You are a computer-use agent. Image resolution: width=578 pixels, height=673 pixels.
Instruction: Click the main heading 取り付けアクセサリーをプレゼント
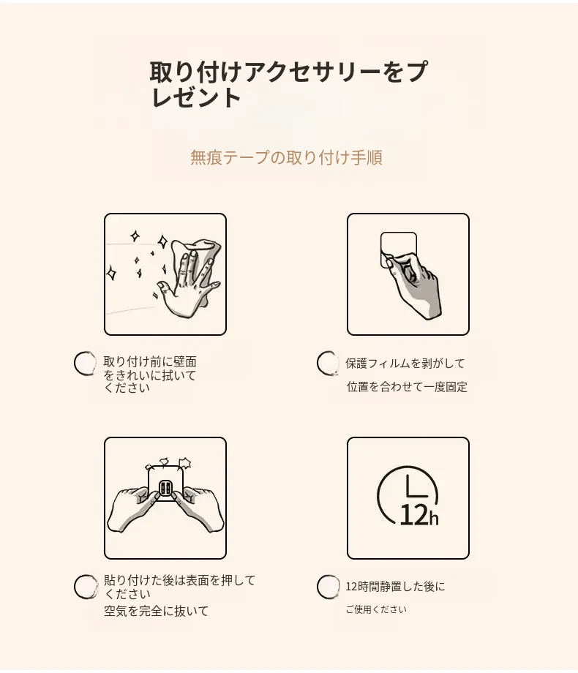[x=288, y=84]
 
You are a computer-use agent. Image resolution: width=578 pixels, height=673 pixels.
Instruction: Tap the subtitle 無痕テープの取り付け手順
[x=286, y=157]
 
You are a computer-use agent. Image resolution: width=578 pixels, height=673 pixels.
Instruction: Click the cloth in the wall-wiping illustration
[x=202, y=262]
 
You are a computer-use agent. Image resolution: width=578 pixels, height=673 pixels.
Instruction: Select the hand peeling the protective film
[x=414, y=283]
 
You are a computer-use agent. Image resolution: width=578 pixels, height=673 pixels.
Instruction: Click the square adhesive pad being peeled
[x=399, y=249]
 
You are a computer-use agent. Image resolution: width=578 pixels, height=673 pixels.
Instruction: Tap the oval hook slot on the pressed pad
[x=166, y=489]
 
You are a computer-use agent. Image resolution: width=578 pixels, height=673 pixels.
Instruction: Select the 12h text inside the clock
[x=419, y=515]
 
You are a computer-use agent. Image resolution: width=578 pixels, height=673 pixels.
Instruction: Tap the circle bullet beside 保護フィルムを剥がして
[x=328, y=363]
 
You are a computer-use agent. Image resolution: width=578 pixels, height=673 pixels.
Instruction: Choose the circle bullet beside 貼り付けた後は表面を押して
[x=86, y=587]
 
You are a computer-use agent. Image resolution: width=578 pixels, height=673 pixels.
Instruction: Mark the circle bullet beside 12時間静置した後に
[x=328, y=587]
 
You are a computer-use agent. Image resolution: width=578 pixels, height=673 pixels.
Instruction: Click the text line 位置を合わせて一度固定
[x=407, y=387]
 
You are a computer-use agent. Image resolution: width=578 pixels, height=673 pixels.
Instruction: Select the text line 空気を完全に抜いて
[x=157, y=611]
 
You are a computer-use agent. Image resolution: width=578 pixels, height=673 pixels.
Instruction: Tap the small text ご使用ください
[x=376, y=609]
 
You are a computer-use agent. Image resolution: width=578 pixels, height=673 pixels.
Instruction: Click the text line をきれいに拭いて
[x=150, y=375]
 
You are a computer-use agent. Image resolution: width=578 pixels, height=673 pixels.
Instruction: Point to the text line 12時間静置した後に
[x=396, y=586]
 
